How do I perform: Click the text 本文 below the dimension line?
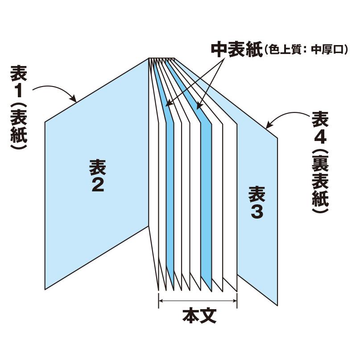coord(199,316)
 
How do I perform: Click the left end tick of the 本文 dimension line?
coord(159,301)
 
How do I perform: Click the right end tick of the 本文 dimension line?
coord(237,301)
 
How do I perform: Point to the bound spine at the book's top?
coord(162,59)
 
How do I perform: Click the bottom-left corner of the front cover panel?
coord(45,289)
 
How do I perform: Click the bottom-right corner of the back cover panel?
coord(278,306)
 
